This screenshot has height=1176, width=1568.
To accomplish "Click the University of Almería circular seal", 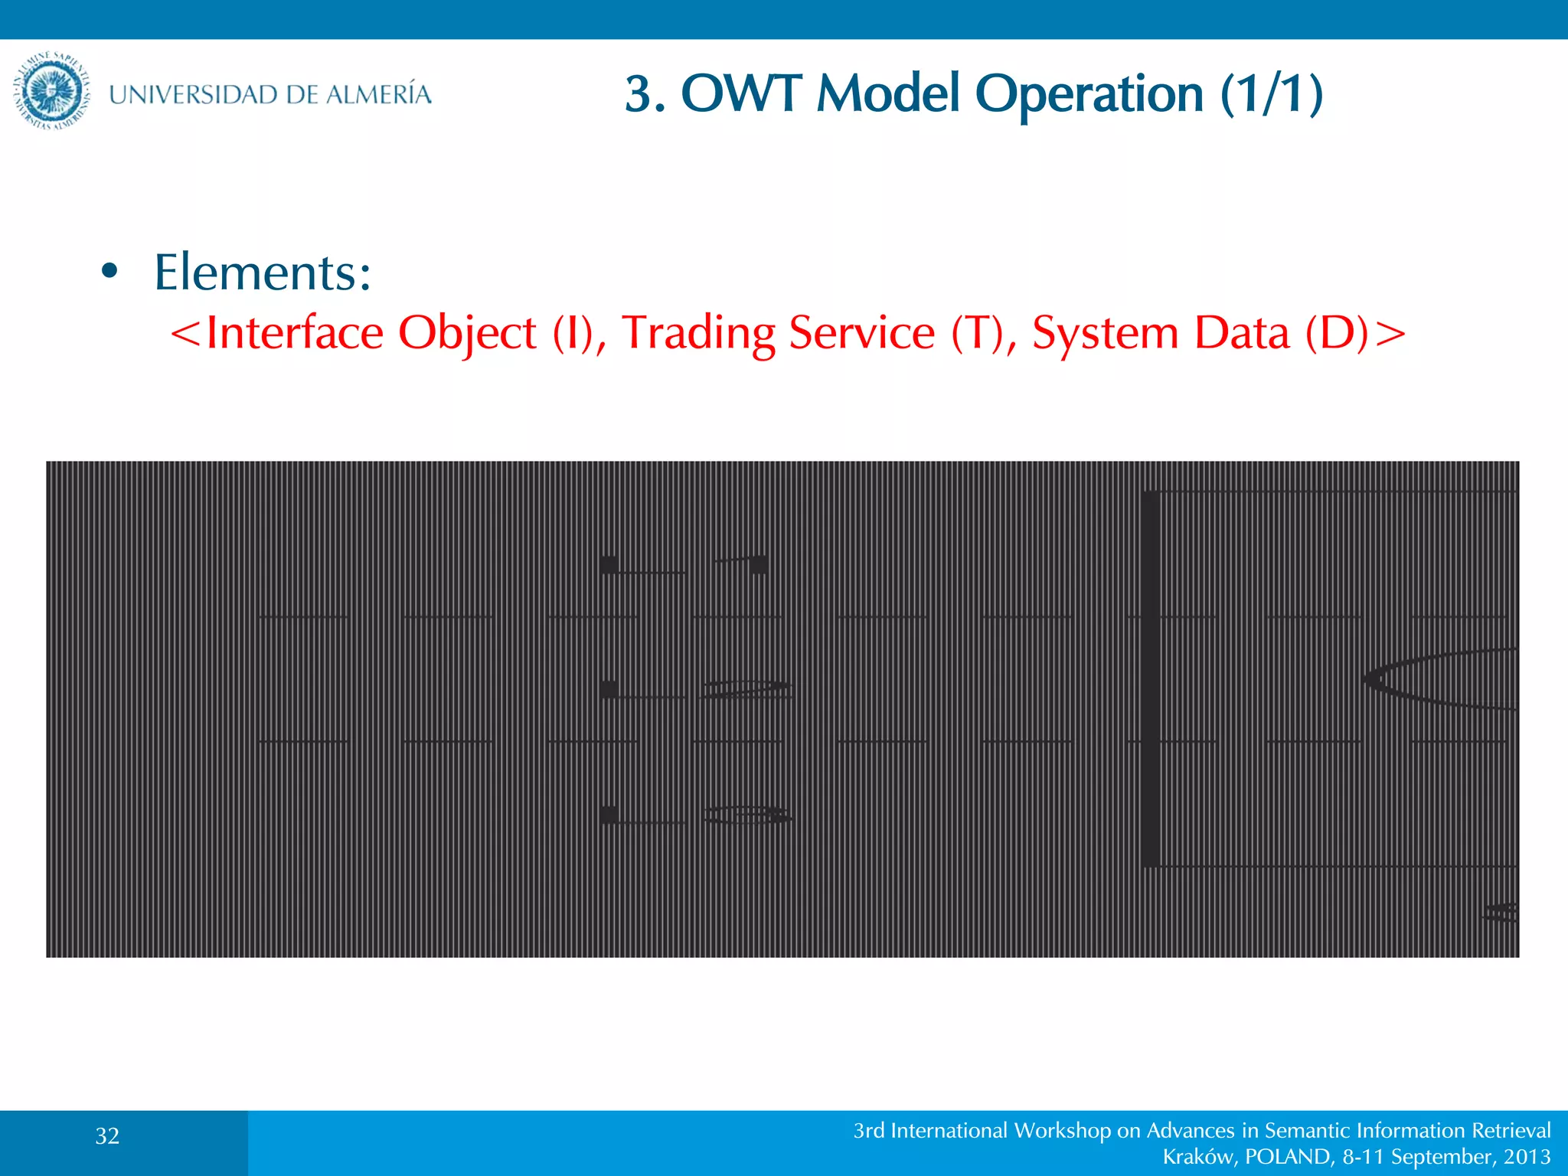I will click(x=51, y=93).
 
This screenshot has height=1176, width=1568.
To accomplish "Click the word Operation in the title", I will click(x=1089, y=94).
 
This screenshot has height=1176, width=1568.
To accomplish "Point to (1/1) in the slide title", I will click(x=1272, y=94).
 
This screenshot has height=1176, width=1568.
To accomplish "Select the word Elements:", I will click(x=263, y=273).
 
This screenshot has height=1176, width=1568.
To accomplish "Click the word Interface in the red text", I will click(x=295, y=333).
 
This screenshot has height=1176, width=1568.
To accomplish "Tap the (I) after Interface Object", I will click(x=573, y=334).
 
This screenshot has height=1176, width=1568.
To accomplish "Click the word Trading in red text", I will click(x=698, y=334).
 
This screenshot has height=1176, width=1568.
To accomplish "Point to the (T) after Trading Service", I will click(x=977, y=334).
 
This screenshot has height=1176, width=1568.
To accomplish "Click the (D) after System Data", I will click(x=1337, y=334).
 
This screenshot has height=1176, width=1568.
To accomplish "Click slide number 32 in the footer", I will click(x=107, y=1136).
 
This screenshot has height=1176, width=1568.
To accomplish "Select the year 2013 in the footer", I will click(x=1527, y=1157).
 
